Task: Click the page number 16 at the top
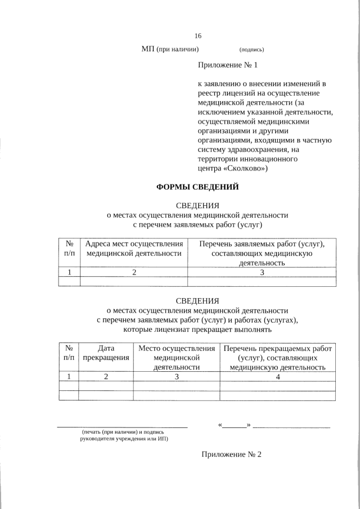tap(198, 35)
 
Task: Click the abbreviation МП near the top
tap(148, 49)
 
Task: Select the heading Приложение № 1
tap(227, 65)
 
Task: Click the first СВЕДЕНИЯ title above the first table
tap(197, 205)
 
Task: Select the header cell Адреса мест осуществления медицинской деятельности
tap(134, 249)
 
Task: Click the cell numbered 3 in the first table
tap(262, 272)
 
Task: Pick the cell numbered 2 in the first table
tap(134, 272)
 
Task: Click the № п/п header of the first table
tap(70, 249)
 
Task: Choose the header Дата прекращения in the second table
tap(106, 353)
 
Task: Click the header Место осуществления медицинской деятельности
tap(177, 357)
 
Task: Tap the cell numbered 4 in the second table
tap(277, 377)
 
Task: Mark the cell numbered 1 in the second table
tap(69, 377)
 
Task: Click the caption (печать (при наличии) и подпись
tap(123, 432)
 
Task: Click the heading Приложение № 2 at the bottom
tap(232, 454)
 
